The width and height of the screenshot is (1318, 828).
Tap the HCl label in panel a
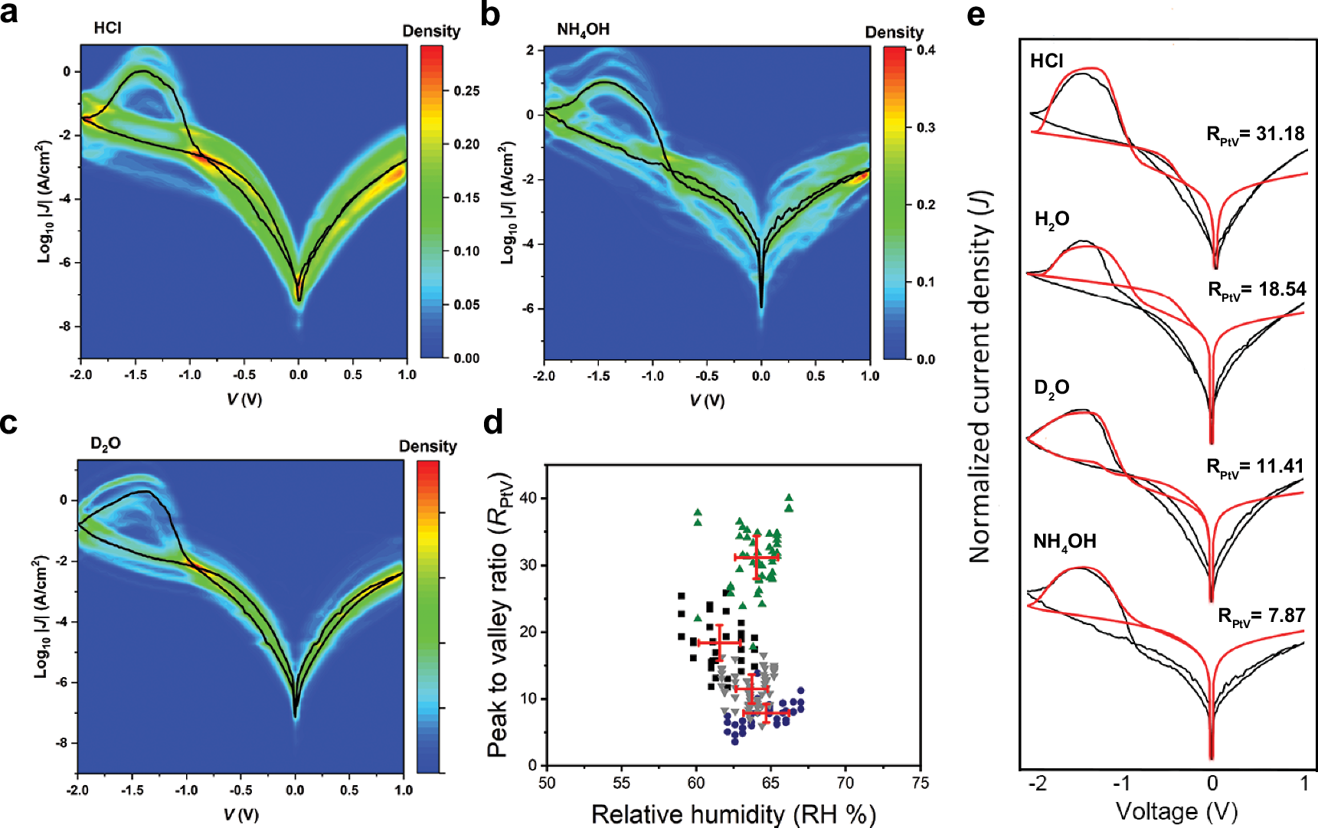pos(107,28)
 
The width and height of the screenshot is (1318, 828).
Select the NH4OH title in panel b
pos(583,29)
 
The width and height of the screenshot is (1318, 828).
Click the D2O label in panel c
pos(105,443)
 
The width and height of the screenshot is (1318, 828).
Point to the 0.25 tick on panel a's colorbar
pos(466,90)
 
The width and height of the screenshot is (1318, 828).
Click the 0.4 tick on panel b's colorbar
pos(926,51)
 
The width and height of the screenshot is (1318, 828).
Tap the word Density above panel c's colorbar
pos(427,446)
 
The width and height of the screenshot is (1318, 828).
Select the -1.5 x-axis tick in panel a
pos(136,375)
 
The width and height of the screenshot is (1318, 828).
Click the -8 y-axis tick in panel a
pos(66,326)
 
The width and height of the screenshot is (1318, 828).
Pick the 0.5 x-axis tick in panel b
pos(815,376)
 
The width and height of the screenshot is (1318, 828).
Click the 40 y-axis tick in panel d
pos(528,498)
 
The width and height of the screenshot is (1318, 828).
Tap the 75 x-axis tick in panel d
pos(920,782)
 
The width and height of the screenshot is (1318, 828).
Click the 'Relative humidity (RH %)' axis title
pos(733,813)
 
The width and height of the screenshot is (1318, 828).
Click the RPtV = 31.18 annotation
pos(1255,134)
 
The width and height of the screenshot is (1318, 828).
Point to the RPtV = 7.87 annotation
pos(1261,616)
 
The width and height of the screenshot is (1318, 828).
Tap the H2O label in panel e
pos(1051,220)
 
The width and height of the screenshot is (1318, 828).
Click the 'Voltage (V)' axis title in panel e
pos(1176,810)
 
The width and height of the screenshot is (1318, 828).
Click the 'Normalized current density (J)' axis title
pos(981,375)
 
